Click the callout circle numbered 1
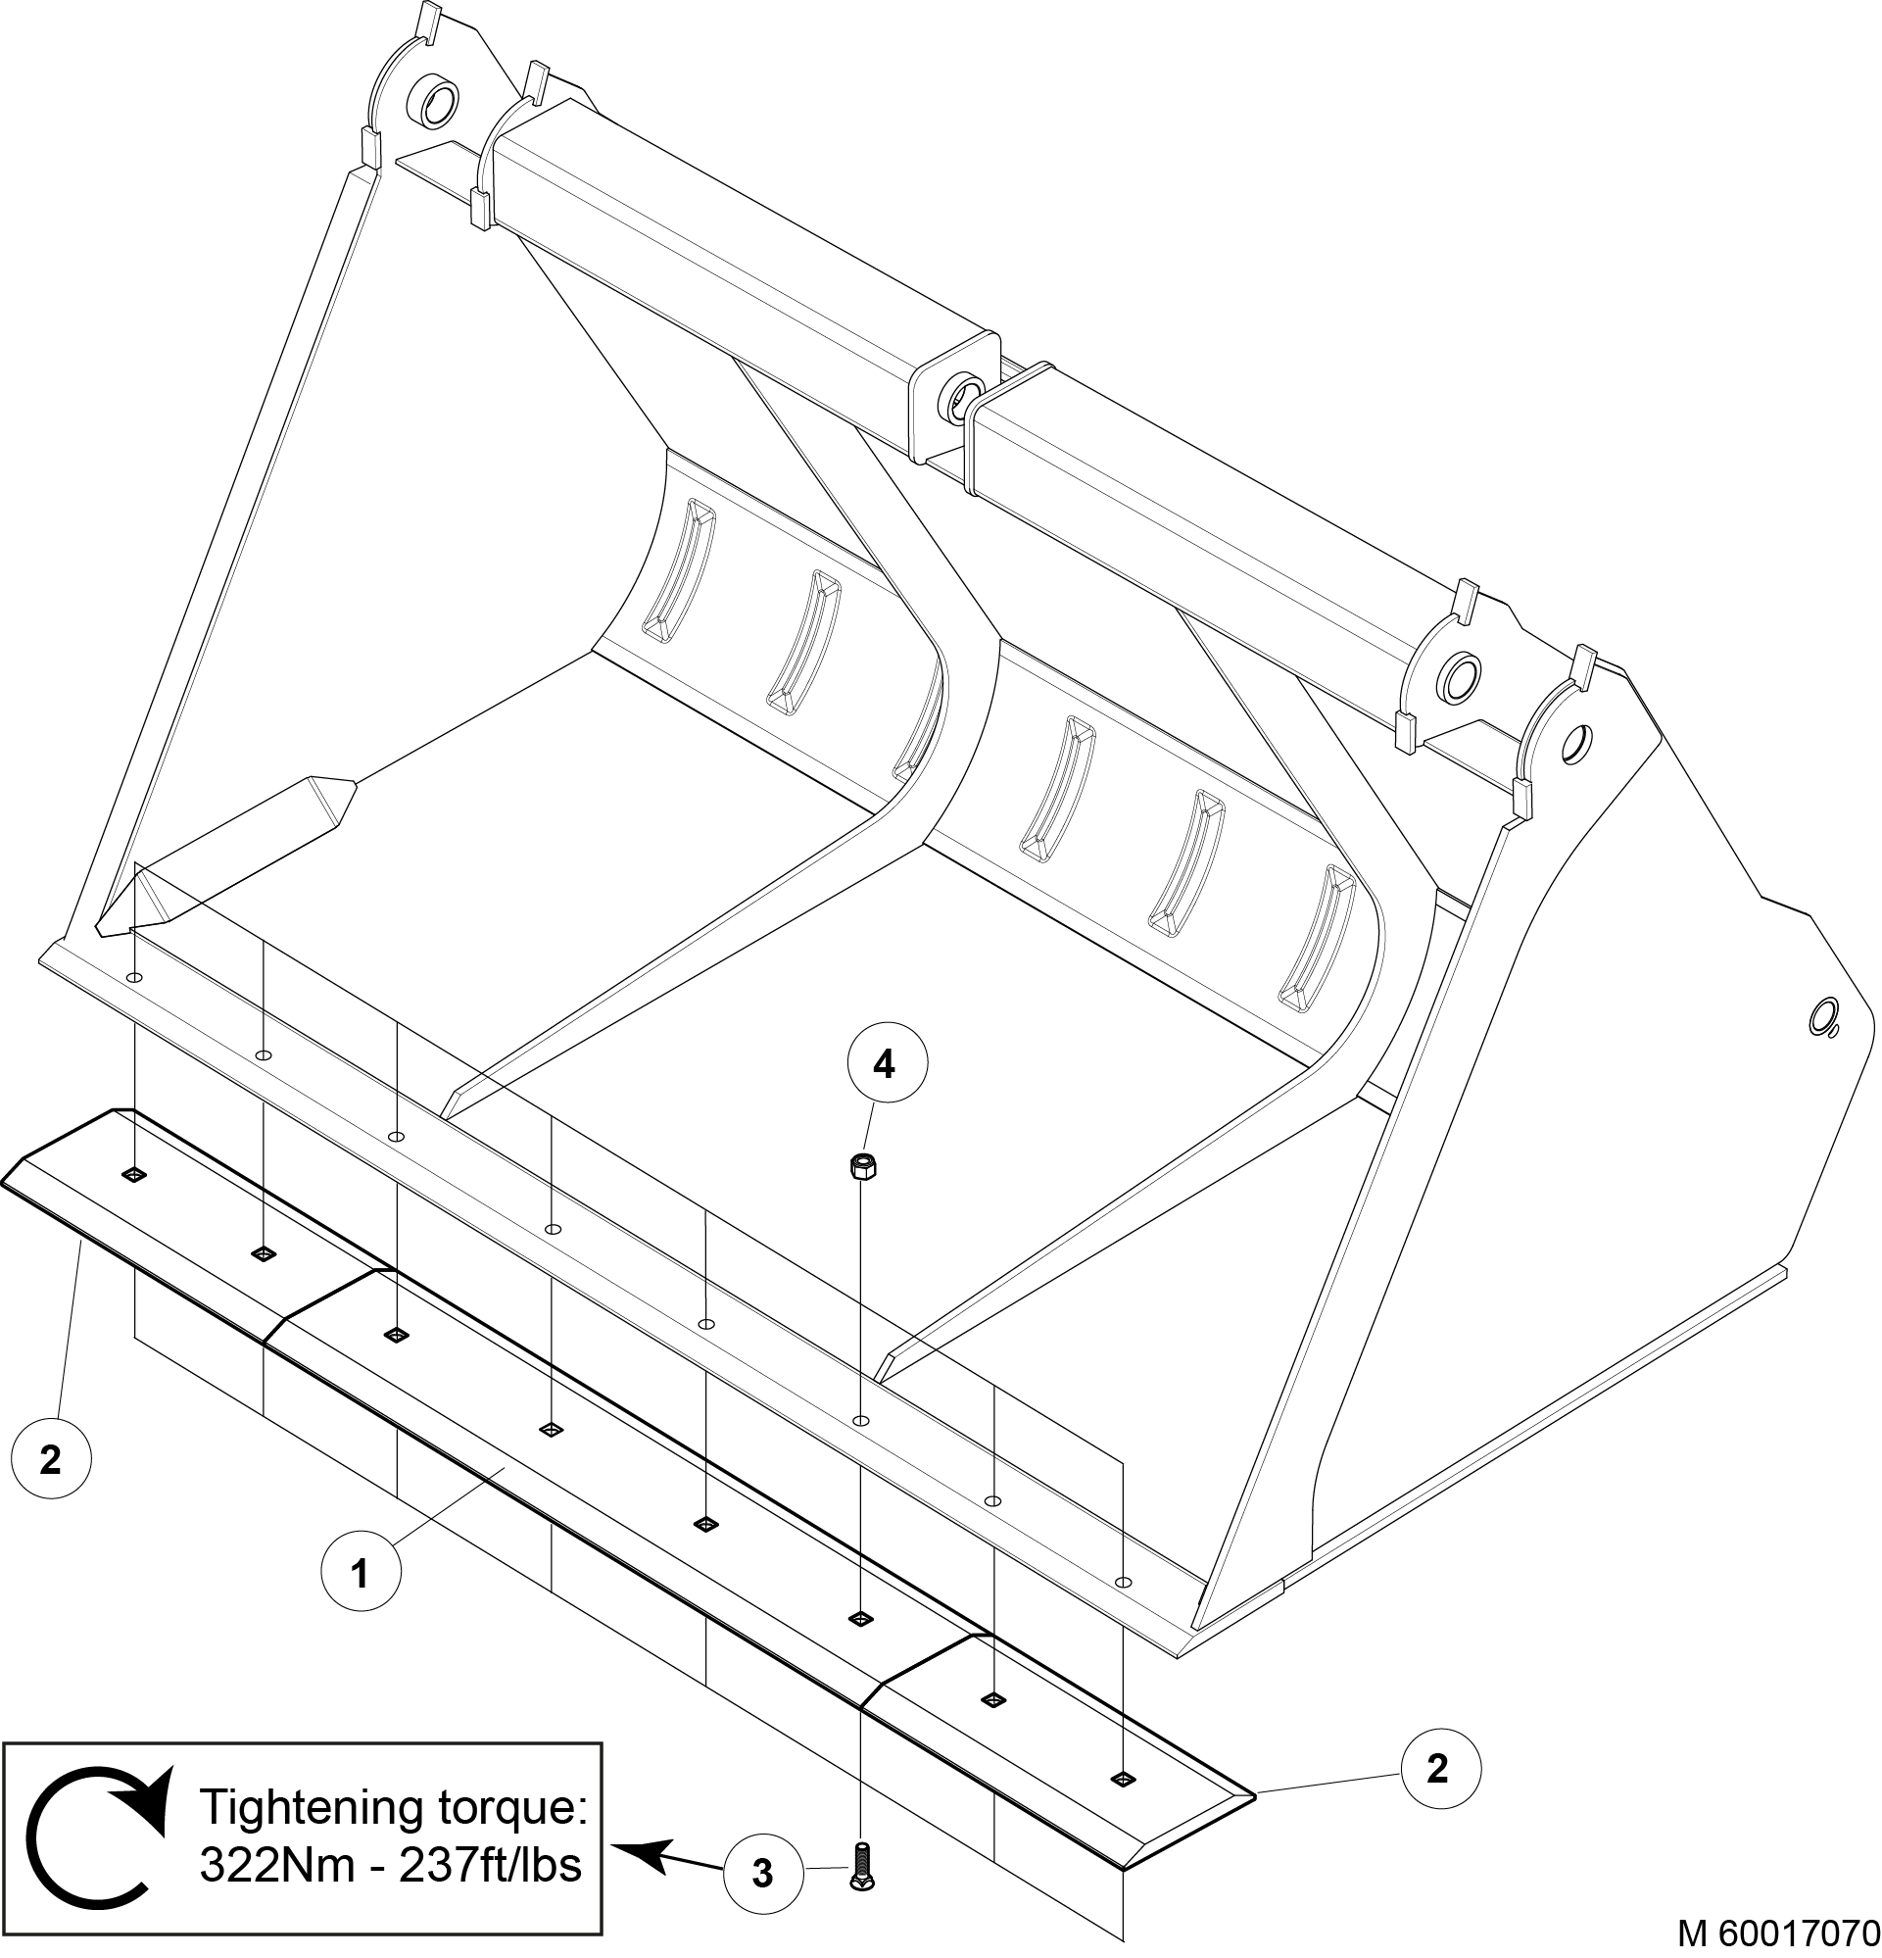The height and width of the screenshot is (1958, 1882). (x=361, y=1575)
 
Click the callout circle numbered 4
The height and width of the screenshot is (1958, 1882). (x=884, y=1066)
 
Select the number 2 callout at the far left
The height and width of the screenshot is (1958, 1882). (x=50, y=1460)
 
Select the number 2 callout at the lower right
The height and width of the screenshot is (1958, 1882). (x=1437, y=1768)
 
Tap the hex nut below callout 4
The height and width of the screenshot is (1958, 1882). (x=860, y=1165)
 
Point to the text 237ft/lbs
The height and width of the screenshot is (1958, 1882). (x=490, y=1864)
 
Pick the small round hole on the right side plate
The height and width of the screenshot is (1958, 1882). (x=1823, y=1020)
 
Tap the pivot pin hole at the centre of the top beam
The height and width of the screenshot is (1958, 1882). (x=963, y=391)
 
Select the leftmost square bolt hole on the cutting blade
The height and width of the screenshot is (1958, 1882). (x=133, y=1175)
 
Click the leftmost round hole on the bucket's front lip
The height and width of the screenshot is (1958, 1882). (x=135, y=977)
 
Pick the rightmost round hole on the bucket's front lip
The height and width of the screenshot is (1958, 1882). (x=1123, y=1583)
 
